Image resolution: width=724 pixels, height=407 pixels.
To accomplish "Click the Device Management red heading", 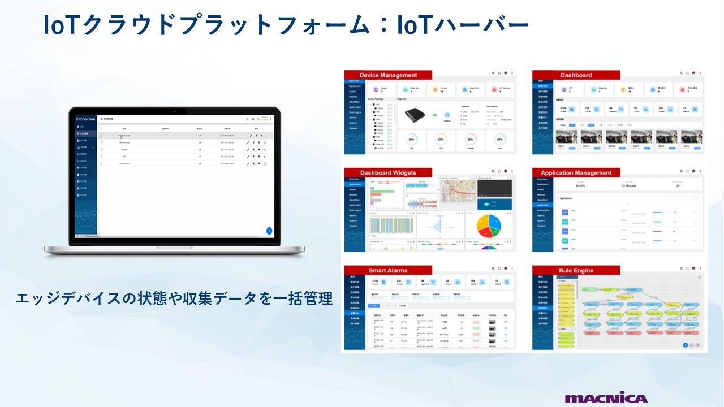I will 388,75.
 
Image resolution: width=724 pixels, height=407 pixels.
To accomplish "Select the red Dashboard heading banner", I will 576,75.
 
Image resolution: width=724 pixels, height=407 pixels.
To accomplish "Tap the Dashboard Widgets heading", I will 388,173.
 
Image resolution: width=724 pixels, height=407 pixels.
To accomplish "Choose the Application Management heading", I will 576,173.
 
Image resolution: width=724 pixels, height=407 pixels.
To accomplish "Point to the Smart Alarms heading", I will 388,270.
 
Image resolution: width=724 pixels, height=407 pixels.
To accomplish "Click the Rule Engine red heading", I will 576,271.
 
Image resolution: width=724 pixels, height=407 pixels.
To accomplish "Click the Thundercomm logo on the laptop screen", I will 85,119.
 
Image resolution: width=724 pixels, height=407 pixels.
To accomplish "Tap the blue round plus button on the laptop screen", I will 269,231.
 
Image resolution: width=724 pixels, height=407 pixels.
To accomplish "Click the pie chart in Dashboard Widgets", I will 489,227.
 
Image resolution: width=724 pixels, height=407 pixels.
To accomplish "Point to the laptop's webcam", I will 175,111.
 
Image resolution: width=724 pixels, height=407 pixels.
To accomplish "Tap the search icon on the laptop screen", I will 247,119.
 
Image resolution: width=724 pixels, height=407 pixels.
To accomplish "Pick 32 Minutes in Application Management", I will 628,185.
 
